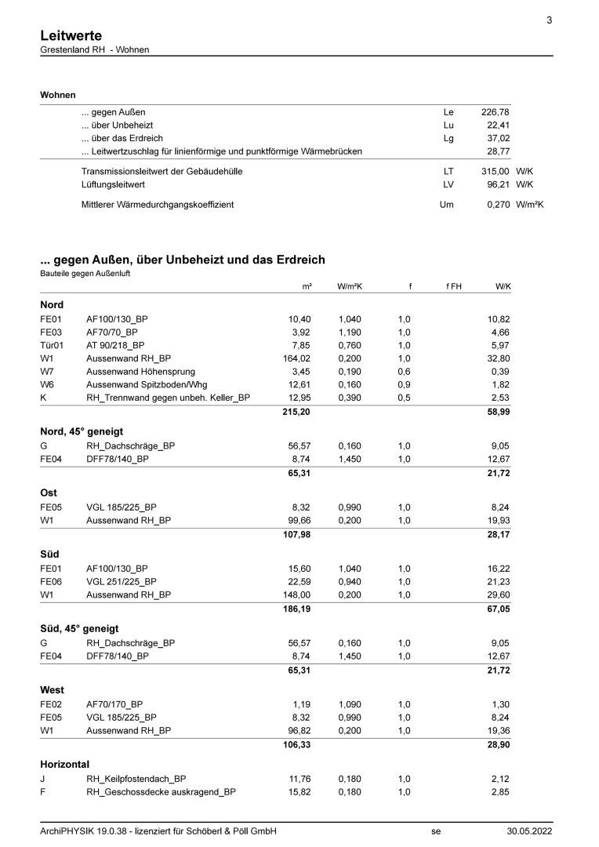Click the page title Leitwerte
click(71, 35)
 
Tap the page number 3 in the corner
click(549, 20)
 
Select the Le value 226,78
click(495, 112)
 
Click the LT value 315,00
click(495, 170)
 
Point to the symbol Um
click(447, 205)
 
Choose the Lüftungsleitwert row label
click(113, 184)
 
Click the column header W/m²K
click(350, 287)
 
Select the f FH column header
click(454, 287)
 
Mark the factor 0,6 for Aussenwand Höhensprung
click(404, 372)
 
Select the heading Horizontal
click(64, 763)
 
